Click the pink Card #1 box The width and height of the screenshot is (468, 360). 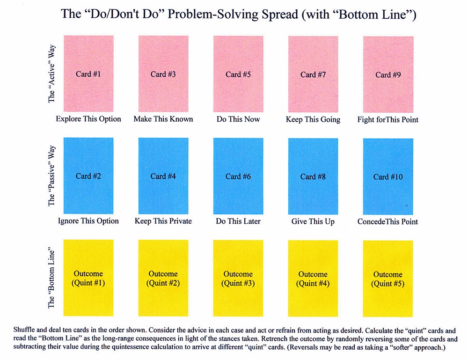[x=88, y=74]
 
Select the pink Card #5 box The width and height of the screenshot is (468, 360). [x=238, y=74]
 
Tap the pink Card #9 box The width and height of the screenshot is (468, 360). [x=388, y=74]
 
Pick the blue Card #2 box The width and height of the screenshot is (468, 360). [x=88, y=176]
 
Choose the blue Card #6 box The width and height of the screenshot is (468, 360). [x=238, y=176]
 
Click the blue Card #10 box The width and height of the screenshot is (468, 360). [x=388, y=176]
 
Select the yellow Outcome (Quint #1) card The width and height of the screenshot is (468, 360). [x=88, y=278]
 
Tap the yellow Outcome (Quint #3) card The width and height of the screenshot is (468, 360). [x=238, y=278]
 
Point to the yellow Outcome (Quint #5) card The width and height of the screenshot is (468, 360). [x=388, y=278]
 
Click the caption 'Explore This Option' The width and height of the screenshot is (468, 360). [x=88, y=119]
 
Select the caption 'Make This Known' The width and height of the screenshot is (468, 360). [x=163, y=119]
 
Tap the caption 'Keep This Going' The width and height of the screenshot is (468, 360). [x=313, y=119]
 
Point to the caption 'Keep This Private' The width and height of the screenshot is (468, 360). [x=163, y=221]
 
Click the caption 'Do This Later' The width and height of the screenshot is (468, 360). [x=238, y=221]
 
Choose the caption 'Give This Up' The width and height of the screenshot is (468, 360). [x=313, y=221]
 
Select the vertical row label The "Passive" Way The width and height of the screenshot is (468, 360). [x=51, y=176]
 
